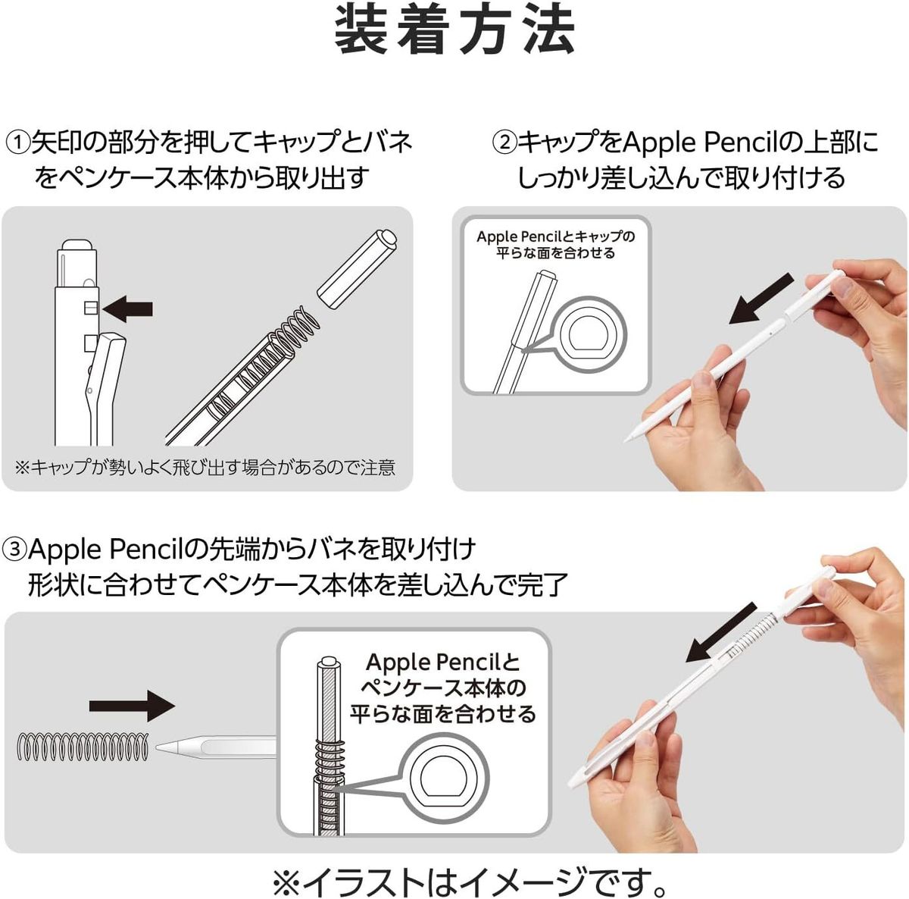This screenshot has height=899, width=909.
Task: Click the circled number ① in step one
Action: pos(18,142)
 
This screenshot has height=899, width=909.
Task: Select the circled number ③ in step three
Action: pos(14,549)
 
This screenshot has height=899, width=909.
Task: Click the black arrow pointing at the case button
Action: pos(128,309)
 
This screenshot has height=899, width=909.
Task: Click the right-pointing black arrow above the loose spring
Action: pos(132,706)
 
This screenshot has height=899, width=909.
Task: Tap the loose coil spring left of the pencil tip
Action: pos(83,747)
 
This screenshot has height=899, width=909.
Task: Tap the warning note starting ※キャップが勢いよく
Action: pos(206,468)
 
